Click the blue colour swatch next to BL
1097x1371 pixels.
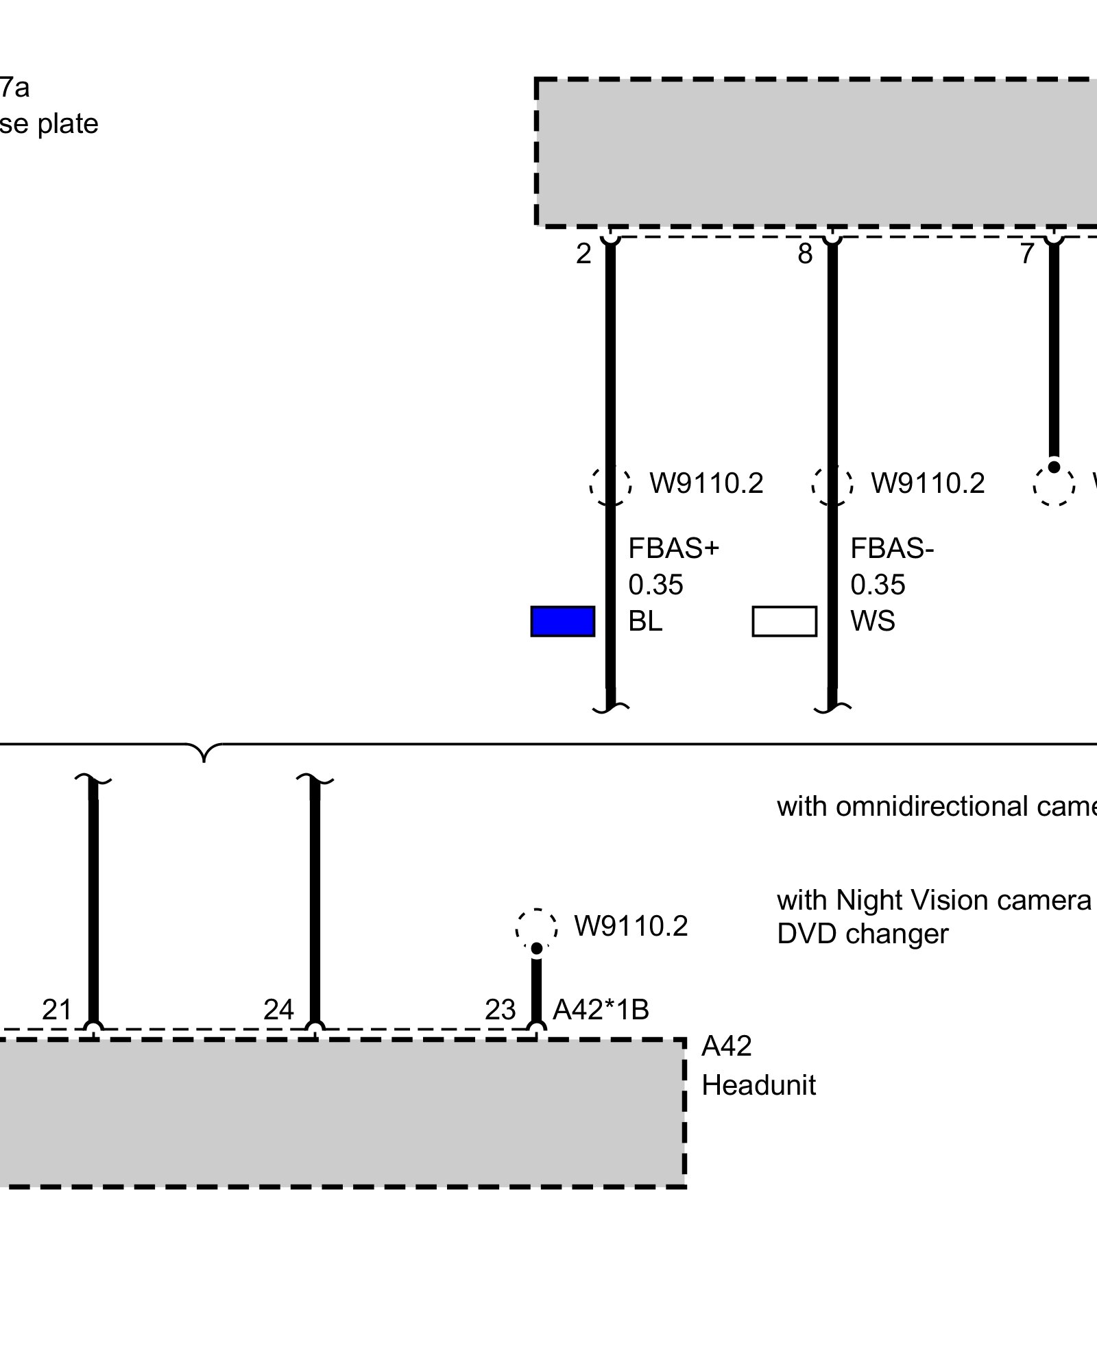[562, 621]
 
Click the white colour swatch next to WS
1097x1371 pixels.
[784, 621]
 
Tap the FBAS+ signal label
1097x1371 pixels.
[673, 548]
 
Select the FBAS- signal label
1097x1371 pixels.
[892, 548]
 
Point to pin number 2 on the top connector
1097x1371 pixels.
[583, 254]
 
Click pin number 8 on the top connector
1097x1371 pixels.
[805, 254]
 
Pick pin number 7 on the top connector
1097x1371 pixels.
[1026, 254]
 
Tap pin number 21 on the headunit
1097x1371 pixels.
[57, 1009]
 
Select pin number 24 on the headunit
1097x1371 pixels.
[278, 1009]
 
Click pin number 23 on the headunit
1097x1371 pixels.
[500, 1009]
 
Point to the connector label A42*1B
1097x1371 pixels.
[601, 1009]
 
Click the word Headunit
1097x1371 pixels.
[758, 1085]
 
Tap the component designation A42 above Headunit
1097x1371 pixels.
[726, 1046]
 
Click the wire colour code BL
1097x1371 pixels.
[645, 621]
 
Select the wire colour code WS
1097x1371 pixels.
[872, 621]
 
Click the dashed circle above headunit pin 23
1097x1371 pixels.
[537, 929]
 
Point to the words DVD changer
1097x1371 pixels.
[863, 934]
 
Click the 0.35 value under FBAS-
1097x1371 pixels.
[878, 585]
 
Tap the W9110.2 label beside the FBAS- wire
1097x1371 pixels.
[928, 484]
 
